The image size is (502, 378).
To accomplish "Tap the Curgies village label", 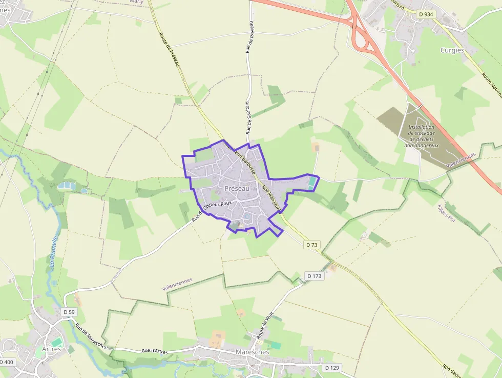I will click(x=452, y=50).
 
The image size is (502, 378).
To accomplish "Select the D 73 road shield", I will click(x=312, y=245).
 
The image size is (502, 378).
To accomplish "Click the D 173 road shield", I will click(x=315, y=276).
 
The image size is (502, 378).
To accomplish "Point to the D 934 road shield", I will click(x=426, y=14).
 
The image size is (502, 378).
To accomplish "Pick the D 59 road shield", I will click(x=69, y=312).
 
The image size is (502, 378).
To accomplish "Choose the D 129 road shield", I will click(x=332, y=368).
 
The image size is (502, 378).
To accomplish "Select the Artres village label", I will click(x=51, y=349).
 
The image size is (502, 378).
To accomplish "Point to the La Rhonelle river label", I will click(x=53, y=252).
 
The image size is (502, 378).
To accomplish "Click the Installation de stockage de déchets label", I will click(x=422, y=136).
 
